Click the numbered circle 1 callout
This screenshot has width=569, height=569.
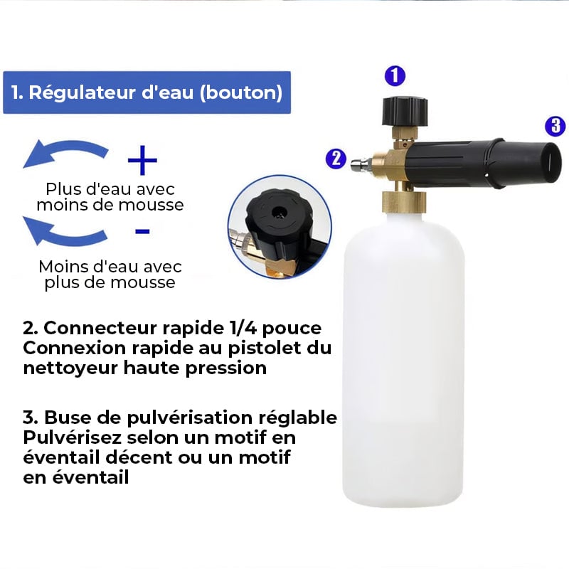coord(395,76)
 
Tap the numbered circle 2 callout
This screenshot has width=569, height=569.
coord(336,159)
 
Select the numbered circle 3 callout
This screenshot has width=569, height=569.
coord(555,126)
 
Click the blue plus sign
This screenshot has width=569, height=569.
coord(143,160)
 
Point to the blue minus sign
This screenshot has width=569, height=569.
coord(142,231)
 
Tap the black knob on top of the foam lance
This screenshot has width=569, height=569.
coord(405,111)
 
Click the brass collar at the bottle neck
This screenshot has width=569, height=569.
coord(404,202)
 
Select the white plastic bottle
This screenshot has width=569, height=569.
coord(403,359)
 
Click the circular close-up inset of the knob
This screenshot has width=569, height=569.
coord(280,227)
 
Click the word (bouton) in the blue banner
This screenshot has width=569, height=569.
coord(241,92)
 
